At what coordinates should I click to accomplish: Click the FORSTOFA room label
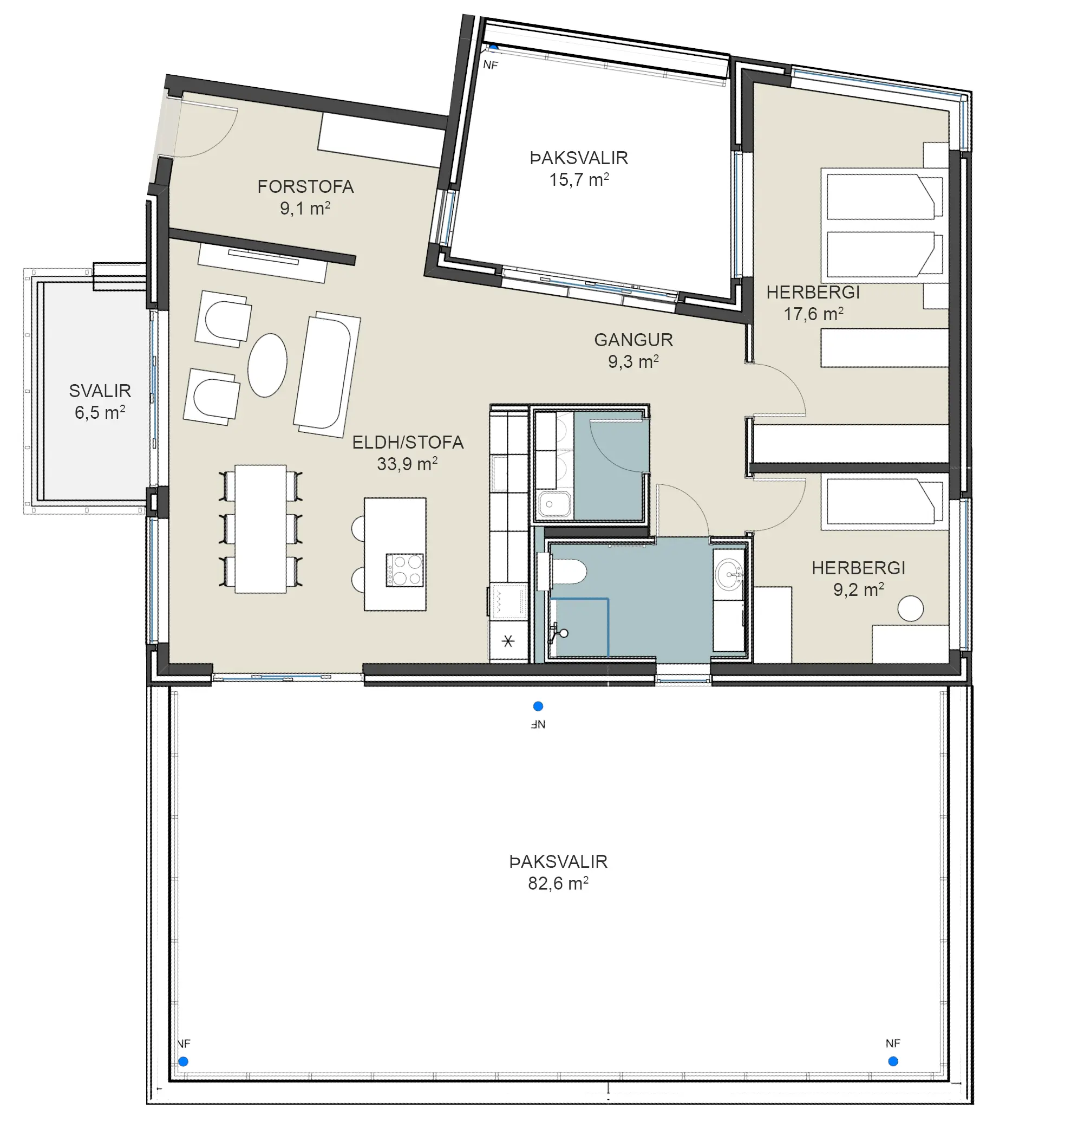305,187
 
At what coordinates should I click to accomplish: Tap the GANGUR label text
633,340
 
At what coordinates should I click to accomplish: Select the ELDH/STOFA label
408,442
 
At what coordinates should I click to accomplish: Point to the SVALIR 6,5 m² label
100,401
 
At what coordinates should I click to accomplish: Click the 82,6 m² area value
558,883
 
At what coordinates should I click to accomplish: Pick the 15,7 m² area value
579,180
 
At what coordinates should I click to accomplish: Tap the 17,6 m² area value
813,314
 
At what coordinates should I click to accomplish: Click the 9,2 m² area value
858,589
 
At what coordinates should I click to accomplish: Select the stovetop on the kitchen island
404,569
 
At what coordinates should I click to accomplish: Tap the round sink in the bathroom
729,574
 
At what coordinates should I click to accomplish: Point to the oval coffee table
267,365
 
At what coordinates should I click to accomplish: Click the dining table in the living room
260,529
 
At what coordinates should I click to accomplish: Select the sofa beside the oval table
327,374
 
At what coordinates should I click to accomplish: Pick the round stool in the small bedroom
910,608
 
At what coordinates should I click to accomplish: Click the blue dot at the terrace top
538,706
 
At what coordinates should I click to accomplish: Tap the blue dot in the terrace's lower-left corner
183,1061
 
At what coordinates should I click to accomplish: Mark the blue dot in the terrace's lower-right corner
893,1061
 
